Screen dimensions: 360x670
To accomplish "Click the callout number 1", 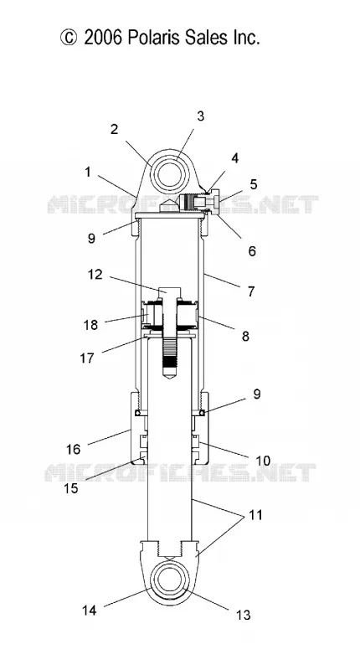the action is click(88, 173).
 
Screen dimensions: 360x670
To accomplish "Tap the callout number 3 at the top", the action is click(200, 116).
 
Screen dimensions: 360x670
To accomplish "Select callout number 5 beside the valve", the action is click(254, 184).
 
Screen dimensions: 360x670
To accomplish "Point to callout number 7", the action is click(251, 291).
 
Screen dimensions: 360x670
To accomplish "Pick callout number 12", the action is click(95, 275).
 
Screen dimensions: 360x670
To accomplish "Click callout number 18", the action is click(90, 325).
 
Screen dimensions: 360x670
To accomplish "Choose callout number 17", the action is click(87, 358).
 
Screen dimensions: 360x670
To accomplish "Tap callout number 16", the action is click(73, 449).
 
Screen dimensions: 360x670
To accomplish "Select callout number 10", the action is click(263, 461).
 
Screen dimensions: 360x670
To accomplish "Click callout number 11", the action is click(255, 515).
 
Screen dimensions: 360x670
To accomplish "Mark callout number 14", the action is click(90, 611).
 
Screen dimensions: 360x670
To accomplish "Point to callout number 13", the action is click(243, 616).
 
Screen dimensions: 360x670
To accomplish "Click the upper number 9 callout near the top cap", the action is click(91, 238).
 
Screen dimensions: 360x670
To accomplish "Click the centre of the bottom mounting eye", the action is click(171, 580).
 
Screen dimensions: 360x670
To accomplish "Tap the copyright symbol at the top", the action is click(69, 38).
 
